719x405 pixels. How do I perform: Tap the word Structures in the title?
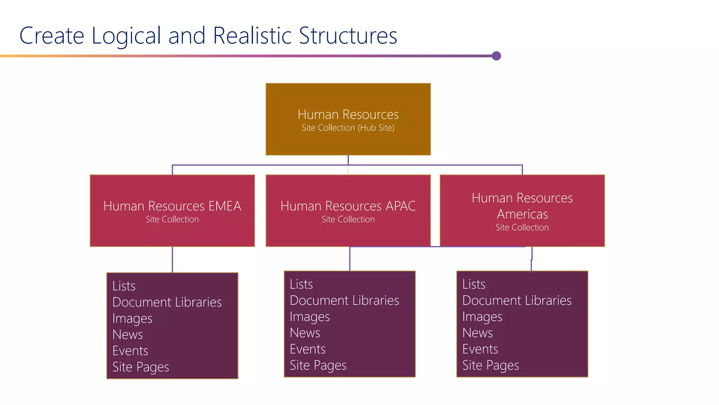[x=348, y=36]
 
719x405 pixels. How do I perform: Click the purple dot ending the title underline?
[x=496, y=56]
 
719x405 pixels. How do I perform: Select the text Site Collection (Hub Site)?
[x=348, y=128]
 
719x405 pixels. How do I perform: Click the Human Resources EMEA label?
[x=172, y=206]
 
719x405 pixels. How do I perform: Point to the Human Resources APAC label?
[x=348, y=206]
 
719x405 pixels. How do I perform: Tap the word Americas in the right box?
[x=522, y=214]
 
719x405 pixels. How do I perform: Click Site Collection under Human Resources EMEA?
[x=172, y=219]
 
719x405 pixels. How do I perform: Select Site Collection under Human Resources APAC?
[x=348, y=219]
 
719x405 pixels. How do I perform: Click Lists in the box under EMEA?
[x=124, y=286]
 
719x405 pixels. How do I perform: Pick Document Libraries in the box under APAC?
[x=344, y=301]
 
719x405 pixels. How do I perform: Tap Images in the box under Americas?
[x=482, y=317]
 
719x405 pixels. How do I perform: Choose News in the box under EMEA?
[x=127, y=335]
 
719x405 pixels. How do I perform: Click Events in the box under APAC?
[x=308, y=349]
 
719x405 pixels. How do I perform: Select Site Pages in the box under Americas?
[x=490, y=366]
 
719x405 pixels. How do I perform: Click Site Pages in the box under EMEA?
[x=140, y=367]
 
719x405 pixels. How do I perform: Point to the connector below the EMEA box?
[x=172, y=259]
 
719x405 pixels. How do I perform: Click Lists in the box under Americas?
[x=474, y=284]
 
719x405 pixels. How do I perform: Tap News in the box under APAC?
[x=305, y=333]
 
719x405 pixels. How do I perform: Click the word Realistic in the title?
[x=252, y=36]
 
